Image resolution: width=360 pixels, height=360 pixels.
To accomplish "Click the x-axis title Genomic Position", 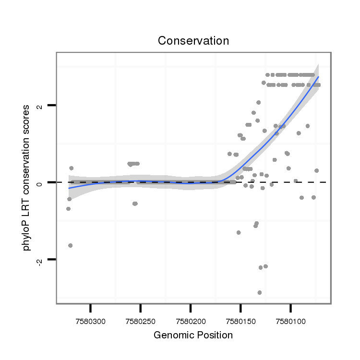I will point(193,335).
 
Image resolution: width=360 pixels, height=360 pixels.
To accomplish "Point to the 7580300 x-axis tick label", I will point(90,320).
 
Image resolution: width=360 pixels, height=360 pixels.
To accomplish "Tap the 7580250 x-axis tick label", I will point(140,320).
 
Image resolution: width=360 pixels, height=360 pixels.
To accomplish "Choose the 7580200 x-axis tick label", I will point(191,320).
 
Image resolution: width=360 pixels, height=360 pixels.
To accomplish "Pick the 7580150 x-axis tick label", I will point(240,320).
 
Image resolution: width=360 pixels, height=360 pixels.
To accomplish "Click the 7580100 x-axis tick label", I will point(290,320).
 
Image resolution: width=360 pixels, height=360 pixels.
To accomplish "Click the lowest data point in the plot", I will point(260,292).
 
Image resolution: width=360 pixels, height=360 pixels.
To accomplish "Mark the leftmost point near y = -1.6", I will point(71,245).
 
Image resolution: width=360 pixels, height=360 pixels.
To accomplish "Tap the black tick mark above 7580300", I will point(90,308).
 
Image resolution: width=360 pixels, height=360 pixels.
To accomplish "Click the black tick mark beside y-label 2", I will point(52,105).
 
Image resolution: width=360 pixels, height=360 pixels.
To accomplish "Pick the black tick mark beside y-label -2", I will point(52,259).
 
